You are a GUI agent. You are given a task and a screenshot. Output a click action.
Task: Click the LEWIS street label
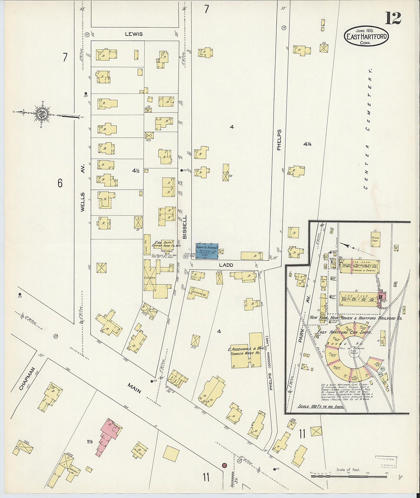tap(134, 34)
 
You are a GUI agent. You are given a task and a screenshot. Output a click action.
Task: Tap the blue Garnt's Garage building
tap(207, 251)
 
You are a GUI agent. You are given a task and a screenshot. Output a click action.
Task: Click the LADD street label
tap(226, 265)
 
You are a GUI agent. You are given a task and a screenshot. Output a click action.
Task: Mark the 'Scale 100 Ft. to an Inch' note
tap(321, 407)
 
